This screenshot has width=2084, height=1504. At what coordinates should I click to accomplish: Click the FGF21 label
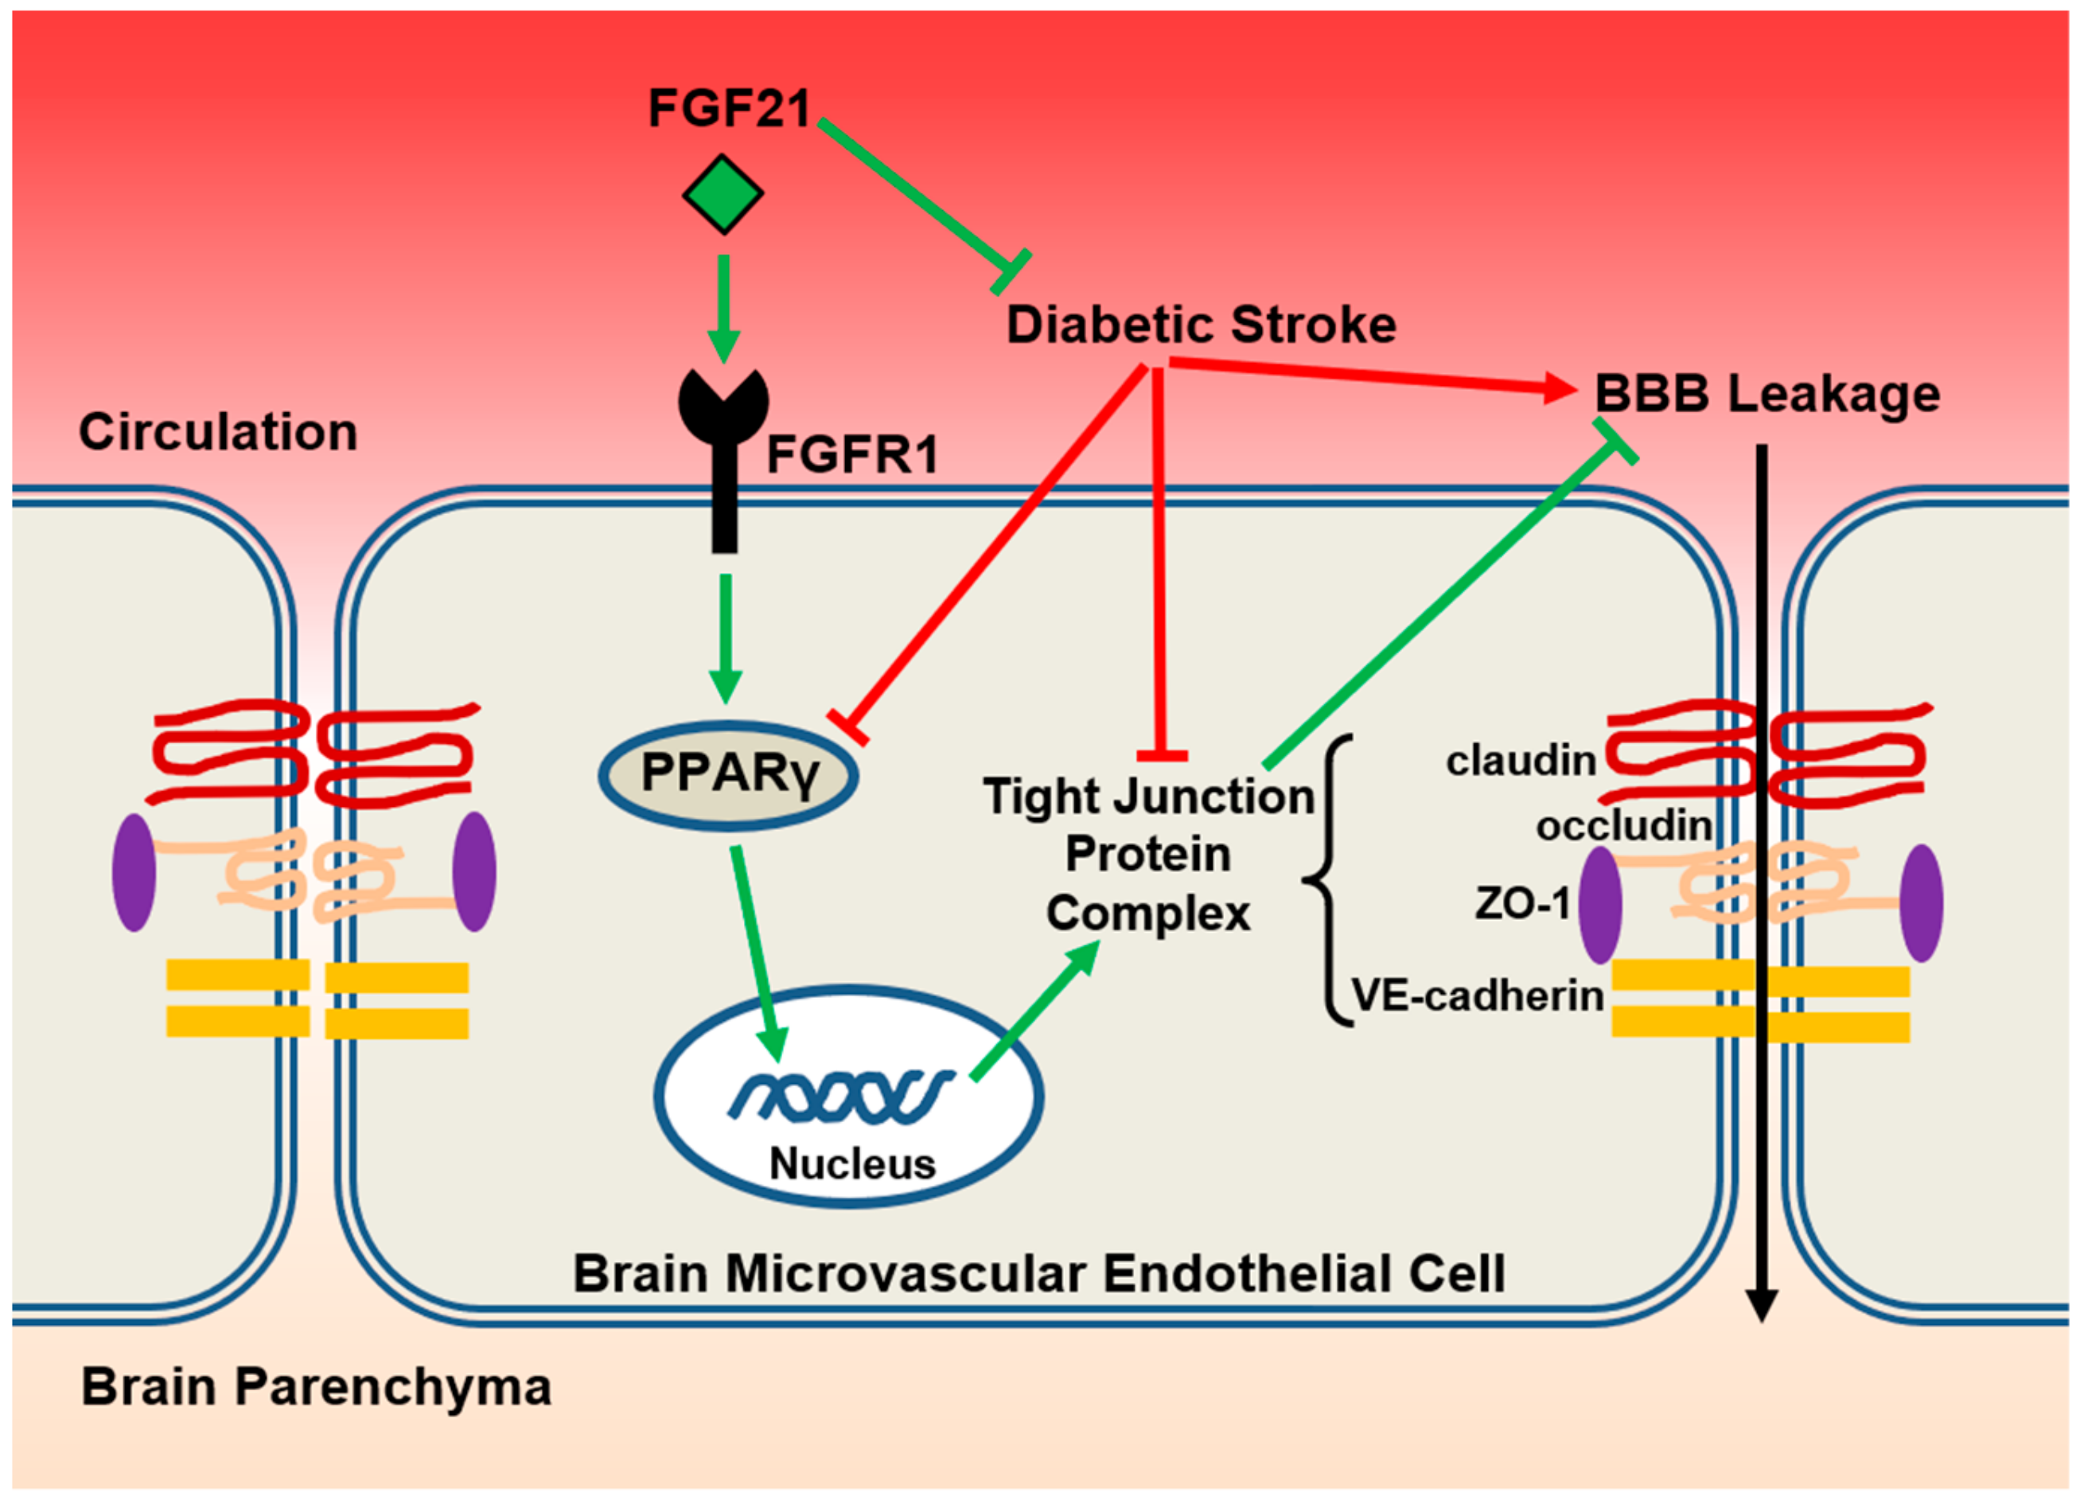(730, 108)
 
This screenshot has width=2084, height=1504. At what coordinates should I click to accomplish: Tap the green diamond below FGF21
(723, 194)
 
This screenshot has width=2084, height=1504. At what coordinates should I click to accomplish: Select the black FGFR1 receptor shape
(724, 459)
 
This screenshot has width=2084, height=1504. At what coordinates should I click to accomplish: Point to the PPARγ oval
(729, 775)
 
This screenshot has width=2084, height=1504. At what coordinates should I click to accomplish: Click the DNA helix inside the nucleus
(842, 1096)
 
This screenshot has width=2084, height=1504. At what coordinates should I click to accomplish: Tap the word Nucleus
(853, 1165)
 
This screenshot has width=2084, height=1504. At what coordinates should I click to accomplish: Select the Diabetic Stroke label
(1202, 325)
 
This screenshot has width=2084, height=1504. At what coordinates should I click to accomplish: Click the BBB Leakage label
(1767, 394)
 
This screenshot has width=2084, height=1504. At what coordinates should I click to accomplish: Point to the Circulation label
(219, 432)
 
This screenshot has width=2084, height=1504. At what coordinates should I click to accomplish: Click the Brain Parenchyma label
(317, 1387)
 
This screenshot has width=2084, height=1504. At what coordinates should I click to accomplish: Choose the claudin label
(1521, 761)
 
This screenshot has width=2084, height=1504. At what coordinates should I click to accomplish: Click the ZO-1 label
(1524, 904)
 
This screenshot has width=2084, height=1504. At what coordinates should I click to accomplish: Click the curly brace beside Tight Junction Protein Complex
(1323, 880)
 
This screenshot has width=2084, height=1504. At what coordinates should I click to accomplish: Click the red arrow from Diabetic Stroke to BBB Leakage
(1373, 376)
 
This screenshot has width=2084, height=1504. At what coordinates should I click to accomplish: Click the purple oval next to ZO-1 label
(1601, 905)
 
